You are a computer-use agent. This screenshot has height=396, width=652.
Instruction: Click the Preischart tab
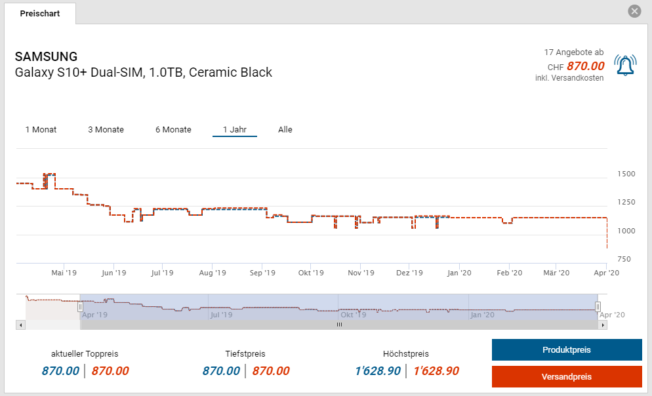[x=39, y=13]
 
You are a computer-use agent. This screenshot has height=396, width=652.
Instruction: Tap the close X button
[x=634, y=11]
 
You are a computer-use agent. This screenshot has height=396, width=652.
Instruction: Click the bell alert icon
[x=625, y=65]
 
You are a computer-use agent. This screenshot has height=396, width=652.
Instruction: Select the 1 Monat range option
[x=41, y=129]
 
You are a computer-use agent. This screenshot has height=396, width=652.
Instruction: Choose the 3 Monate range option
[x=106, y=129]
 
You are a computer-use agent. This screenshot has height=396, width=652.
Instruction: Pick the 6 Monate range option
[x=173, y=129]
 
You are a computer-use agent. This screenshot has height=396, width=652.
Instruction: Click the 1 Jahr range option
[x=235, y=129]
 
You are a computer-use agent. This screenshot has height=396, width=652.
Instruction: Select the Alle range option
[x=285, y=129]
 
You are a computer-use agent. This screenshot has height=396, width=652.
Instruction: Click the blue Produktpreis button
[x=567, y=350]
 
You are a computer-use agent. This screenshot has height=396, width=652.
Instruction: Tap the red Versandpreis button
[x=567, y=377]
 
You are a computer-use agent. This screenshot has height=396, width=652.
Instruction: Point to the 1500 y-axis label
[x=626, y=174]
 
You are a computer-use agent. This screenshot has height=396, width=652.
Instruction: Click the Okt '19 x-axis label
[x=311, y=273]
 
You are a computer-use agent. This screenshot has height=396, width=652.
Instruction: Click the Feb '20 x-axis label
[x=509, y=273]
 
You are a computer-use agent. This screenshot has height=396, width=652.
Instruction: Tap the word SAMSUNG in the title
[x=46, y=56]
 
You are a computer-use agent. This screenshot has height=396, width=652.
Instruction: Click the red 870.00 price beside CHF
[x=585, y=66]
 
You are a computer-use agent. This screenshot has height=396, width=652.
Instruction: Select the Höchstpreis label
[x=406, y=354]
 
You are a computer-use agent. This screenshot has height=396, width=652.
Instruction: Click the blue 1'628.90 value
[x=377, y=371]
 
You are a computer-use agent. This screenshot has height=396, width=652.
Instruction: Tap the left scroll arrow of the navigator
[x=20, y=325]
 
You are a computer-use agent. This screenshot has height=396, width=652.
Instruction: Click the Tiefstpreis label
[x=245, y=354]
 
